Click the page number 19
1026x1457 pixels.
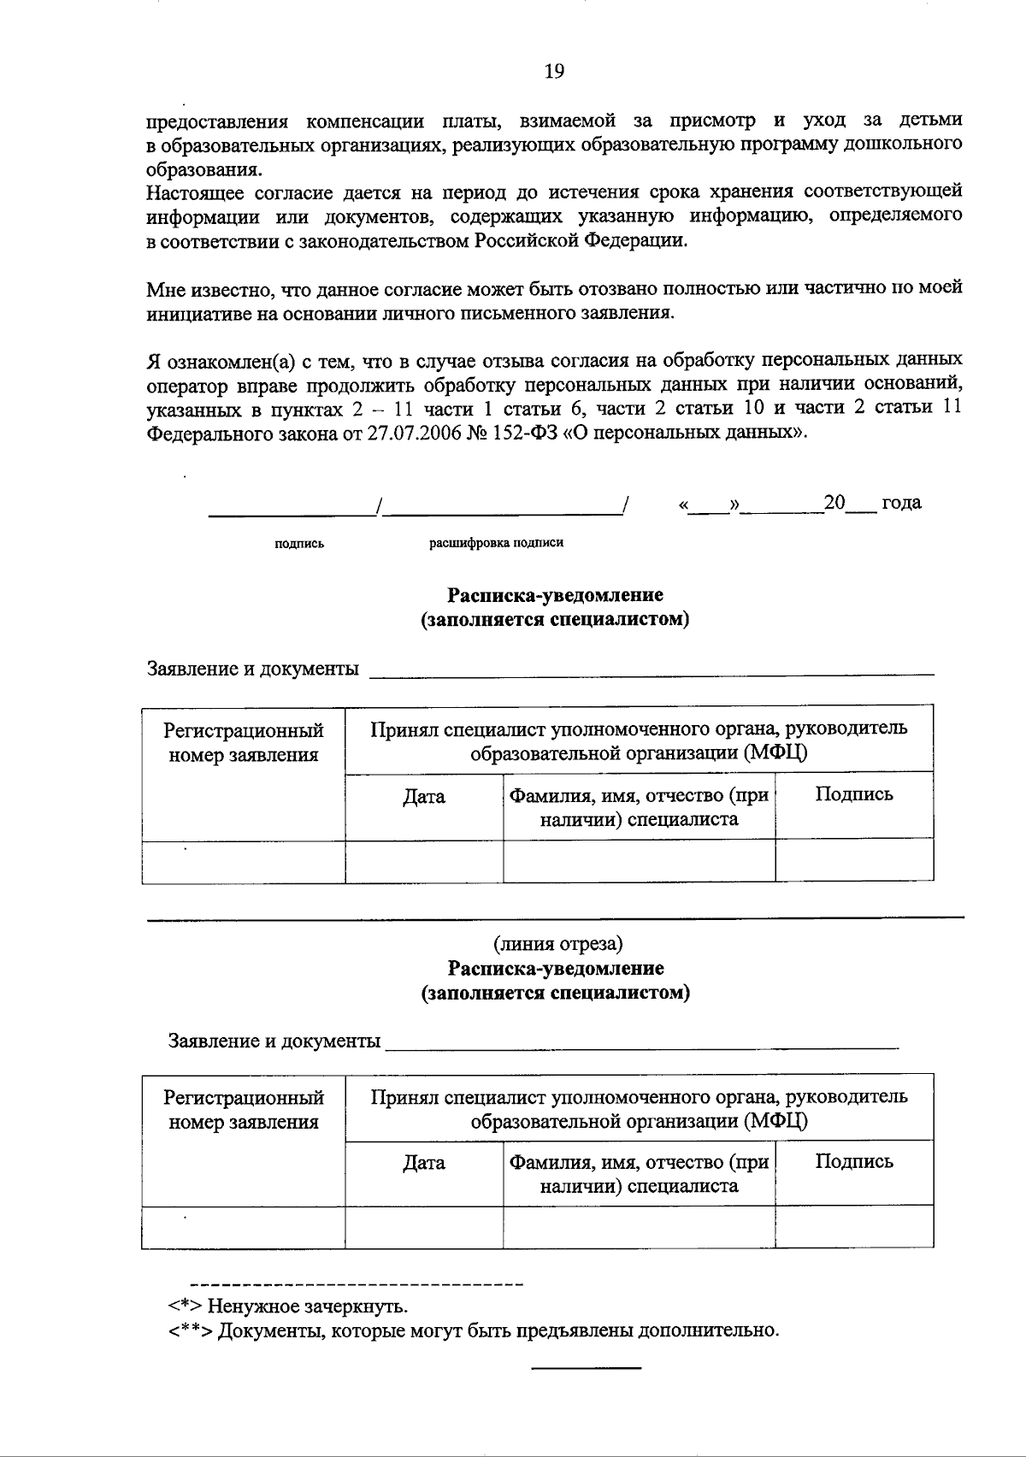[554, 72]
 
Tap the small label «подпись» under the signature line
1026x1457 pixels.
[299, 543]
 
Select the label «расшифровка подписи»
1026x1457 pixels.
[496, 543]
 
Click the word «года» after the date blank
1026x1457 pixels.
[901, 503]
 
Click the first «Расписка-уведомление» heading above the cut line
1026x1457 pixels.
[555, 595]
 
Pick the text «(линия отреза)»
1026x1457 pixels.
[557, 944]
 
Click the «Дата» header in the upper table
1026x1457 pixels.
[424, 797]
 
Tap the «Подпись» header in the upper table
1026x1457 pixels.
[853, 794]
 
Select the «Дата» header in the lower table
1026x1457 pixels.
[424, 1163]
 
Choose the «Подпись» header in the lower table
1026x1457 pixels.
[853, 1161]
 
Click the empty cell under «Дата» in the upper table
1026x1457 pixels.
[424, 860]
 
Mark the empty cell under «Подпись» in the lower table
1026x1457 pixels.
[853, 1227]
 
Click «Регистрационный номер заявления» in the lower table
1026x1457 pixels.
[244, 1109]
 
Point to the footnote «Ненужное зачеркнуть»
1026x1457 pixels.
[308, 1307]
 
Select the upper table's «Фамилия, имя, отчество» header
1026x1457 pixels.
[639, 807]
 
